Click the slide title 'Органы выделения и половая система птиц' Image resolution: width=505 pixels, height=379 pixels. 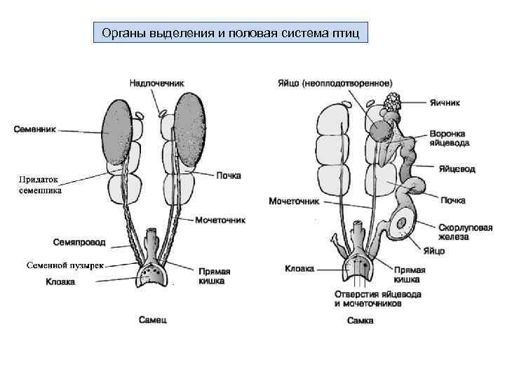pos(230,33)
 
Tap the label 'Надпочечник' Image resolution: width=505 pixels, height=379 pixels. pos(156,83)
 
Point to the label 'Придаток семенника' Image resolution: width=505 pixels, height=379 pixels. pos(40,185)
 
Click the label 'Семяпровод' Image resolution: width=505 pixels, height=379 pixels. pos(79,242)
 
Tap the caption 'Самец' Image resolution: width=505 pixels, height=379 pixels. pos(152,320)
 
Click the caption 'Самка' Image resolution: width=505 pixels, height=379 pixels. pos(360,321)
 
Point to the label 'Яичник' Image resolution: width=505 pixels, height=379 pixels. pos(444,102)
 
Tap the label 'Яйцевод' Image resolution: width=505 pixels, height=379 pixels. pos(457,169)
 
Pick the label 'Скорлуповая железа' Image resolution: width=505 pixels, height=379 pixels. pos(465,232)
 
